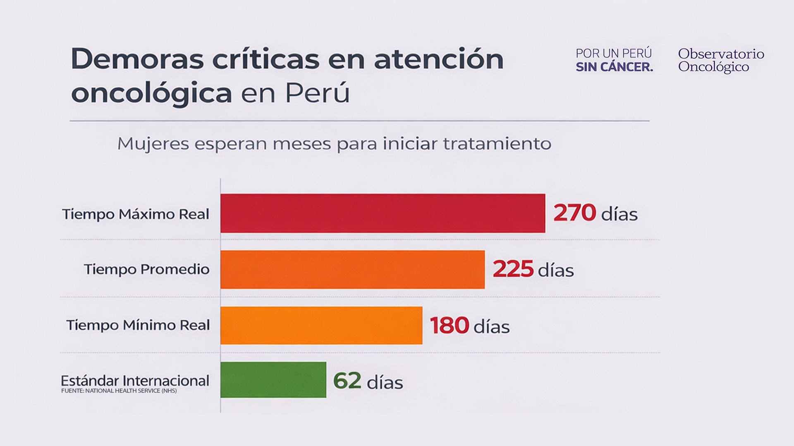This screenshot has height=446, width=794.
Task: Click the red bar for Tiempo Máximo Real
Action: (383, 213)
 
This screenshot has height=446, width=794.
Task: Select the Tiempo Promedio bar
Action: (352, 269)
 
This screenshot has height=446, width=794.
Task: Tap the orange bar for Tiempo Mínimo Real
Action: (321, 325)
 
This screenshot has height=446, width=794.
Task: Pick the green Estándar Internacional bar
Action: (273, 380)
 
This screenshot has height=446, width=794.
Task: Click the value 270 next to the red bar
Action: (574, 213)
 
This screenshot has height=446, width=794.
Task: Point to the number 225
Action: (513, 269)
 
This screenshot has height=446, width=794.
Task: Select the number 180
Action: (450, 325)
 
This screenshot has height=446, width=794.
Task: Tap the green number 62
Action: (347, 381)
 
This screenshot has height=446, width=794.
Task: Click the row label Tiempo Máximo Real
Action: (136, 214)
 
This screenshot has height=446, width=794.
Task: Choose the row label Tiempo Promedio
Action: (147, 269)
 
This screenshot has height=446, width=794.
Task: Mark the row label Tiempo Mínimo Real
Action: (138, 325)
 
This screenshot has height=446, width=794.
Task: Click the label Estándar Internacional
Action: (135, 380)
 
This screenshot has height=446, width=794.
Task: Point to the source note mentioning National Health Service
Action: (119, 391)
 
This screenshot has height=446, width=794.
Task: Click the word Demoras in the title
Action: (137, 59)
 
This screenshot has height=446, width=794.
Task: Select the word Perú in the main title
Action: (318, 93)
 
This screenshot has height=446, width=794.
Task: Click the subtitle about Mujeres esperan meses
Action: (334, 144)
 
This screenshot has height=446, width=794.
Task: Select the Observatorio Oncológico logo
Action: (721, 60)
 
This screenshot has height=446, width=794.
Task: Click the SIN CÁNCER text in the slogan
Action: (614, 67)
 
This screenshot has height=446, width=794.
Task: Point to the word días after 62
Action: (385, 382)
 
